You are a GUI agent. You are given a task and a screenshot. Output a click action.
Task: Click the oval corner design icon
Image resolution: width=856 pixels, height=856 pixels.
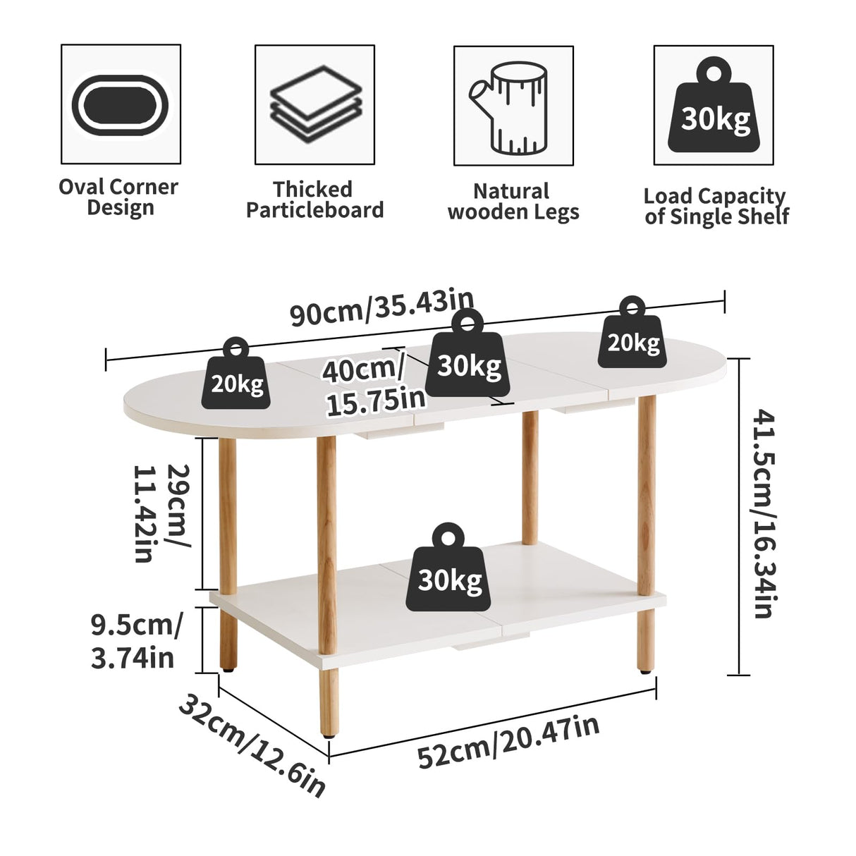coord(121,104)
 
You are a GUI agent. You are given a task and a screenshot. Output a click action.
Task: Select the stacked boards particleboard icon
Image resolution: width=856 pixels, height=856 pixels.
coord(315,104)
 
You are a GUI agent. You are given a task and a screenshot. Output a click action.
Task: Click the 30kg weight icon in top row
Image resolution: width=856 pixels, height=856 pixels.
coord(715,106)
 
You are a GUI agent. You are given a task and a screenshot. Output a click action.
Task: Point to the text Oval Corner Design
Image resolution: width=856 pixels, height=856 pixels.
coord(118,197)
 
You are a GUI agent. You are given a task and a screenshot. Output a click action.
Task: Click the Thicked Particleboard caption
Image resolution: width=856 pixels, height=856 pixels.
coord(314,200)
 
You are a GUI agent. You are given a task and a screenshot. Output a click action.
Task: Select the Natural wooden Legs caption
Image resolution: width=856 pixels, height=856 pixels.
coord(513,202)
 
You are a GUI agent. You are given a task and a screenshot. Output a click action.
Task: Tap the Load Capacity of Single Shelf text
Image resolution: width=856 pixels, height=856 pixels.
coord(716,206)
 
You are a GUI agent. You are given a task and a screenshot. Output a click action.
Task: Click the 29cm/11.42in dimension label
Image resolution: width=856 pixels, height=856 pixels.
coord(161,512)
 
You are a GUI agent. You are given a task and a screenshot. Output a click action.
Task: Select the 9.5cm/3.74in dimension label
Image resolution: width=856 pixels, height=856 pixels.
coord(135,641)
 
